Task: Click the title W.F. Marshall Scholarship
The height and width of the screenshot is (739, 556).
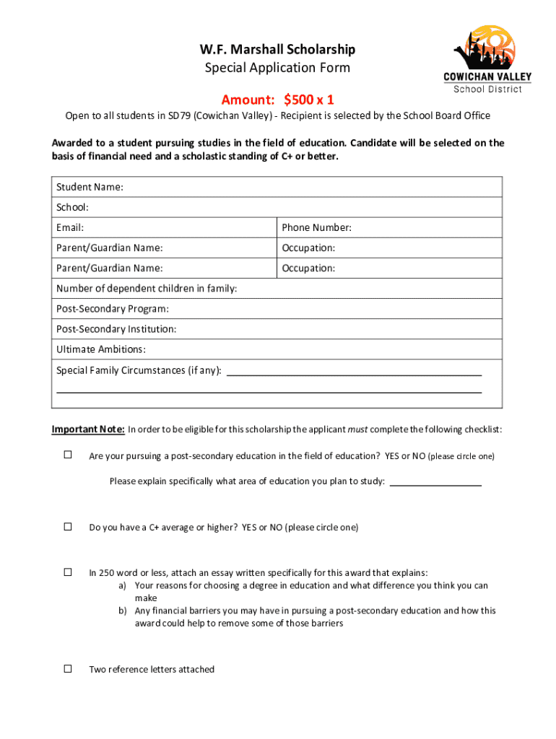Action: point(277,49)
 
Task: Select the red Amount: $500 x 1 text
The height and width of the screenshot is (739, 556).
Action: point(277,100)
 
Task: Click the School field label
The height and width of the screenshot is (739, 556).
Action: point(72,207)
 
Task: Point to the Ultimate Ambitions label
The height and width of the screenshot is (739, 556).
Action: point(101,349)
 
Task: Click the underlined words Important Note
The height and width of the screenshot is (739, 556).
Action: point(88,429)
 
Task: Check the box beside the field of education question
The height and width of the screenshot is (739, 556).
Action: point(68,455)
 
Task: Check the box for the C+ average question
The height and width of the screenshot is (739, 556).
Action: point(68,526)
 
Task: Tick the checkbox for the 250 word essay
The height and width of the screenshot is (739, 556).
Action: point(68,572)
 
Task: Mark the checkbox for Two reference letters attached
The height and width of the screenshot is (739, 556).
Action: point(68,668)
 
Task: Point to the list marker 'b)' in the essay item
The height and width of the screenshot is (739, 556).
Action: point(123,611)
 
